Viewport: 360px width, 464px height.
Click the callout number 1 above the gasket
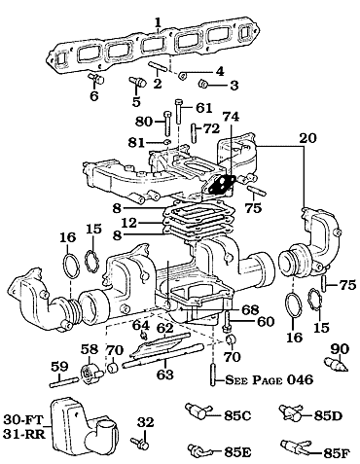tap(158, 22)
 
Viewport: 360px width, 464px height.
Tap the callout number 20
tap(307, 138)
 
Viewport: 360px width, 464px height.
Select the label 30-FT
tap(23, 420)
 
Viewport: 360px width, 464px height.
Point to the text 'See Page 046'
tap(270, 379)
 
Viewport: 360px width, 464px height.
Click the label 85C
tap(237, 416)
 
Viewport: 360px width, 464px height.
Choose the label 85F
tap(337, 453)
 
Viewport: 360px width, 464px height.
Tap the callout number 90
tap(340, 349)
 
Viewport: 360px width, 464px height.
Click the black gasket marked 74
tap(222, 184)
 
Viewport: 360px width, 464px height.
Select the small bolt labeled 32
tap(140, 443)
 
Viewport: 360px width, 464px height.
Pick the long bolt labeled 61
tap(179, 112)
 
